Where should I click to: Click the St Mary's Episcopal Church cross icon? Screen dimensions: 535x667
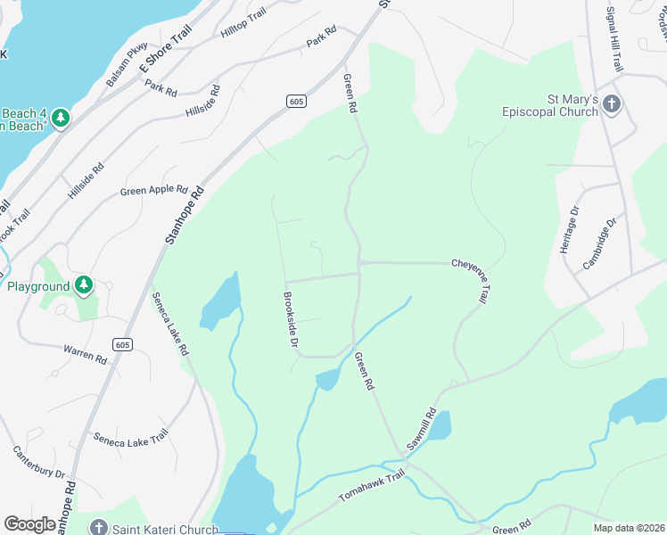pos(611,104)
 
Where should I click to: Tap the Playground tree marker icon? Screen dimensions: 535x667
pos(84,285)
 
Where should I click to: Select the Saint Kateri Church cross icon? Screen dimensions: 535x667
pos(98,529)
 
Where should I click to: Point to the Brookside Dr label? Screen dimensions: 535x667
pos(290,320)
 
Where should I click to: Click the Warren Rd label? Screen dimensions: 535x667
pos(86,355)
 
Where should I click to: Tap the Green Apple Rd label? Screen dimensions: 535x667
pos(153,190)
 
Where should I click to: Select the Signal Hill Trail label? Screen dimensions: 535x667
pos(613,43)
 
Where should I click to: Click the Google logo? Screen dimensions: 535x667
pos(29,524)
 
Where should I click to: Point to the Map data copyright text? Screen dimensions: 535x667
pos(628,528)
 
